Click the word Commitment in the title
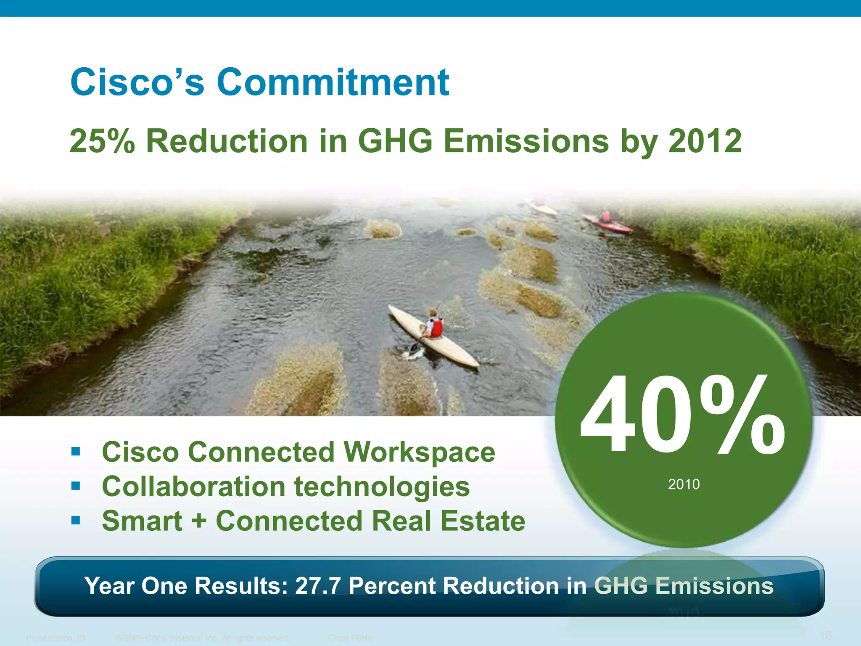click(x=333, y=82)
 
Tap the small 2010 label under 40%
click(x=684, y=484)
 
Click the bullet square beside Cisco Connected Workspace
click(x=76, y=452)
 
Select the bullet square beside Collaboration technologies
click(x=76, y=486)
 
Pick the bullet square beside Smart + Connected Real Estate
click(x=76, y=521)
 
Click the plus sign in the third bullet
click(x=199, y=522)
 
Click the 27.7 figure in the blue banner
click(x=317, y=586)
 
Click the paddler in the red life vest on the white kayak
click(x=434, y=324)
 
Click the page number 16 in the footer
click(x=826, y=635)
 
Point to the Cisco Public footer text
click(x=351, y=638)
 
